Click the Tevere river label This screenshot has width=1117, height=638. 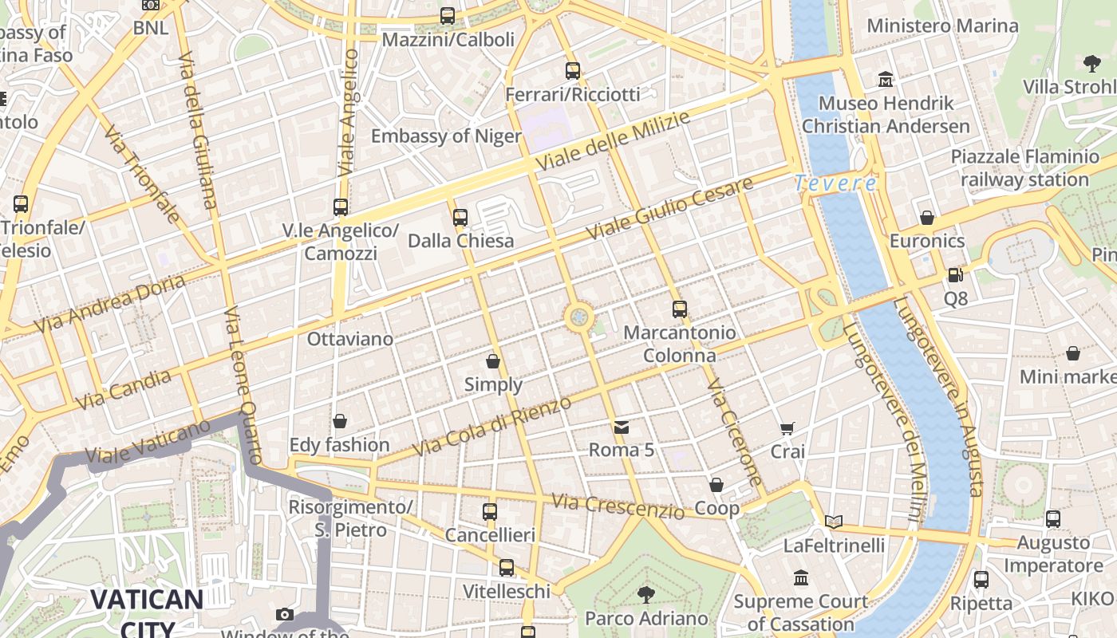[835, 183]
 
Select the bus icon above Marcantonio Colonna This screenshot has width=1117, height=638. [679, 309]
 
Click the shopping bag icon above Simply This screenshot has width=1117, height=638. [493, 361]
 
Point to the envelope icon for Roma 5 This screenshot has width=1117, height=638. [622, 427]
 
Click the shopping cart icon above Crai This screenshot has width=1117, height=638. [787, 429]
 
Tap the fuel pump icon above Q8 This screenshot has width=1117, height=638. [955, 276]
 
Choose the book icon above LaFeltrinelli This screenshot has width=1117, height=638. [834, 522]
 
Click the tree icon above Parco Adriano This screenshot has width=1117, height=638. [646, 594]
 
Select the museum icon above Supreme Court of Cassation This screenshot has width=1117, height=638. [801, 577]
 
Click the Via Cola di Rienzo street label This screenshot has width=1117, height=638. [493, 427]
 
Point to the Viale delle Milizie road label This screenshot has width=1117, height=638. [612, 141]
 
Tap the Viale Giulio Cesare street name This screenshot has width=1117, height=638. [669, 209]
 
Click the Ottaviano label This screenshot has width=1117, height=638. [350, 339]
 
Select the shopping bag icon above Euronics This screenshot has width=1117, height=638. [927, 218]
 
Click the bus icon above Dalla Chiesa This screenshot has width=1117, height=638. [460, 217]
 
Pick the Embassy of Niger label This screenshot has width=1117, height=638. [446, 136]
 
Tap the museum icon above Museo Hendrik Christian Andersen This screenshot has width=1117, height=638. [886, 80]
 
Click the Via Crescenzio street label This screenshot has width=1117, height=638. [618, 506]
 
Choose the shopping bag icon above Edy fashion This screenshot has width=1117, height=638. [340, 421]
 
